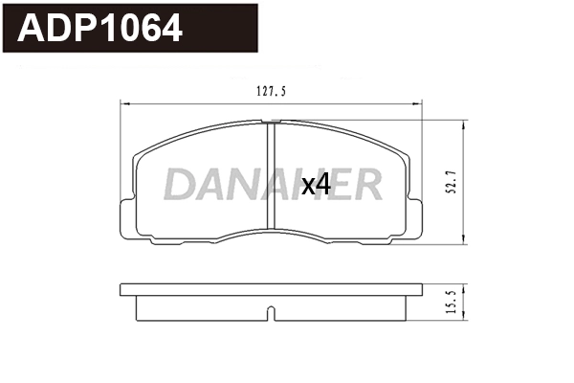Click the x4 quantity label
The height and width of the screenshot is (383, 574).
click(x=317, y=185)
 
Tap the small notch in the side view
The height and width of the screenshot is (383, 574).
click(x=271, y=312)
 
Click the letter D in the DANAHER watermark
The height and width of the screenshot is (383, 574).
click(x=178, y=185)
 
